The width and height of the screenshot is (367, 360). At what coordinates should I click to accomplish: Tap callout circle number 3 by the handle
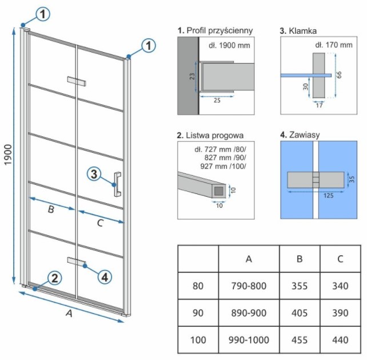[95, 173]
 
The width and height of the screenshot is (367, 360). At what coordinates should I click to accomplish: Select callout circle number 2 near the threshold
[53, 279]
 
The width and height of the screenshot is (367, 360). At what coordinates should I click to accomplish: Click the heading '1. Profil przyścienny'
[214, 30]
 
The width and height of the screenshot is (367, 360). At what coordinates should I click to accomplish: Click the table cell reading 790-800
[249, 286]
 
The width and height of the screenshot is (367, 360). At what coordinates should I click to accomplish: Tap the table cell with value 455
[300, 340]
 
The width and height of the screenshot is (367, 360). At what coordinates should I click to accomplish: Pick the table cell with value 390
[340, 313]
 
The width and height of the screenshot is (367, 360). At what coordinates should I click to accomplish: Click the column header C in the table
[340, 259]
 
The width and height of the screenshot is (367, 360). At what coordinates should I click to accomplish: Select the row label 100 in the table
[198, 340]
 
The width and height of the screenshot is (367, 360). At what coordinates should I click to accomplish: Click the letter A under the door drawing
[69, 313]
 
